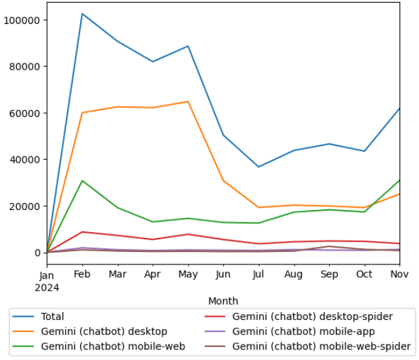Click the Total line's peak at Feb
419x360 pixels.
82,14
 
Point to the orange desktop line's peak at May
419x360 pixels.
188,101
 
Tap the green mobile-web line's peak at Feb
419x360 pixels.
82,180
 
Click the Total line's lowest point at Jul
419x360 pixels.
259,167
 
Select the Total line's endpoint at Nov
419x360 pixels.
399,109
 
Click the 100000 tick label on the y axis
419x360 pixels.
23,20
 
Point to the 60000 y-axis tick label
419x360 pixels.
25,113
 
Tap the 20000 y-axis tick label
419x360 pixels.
25,206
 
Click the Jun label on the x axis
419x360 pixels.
223,275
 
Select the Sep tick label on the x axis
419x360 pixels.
329,275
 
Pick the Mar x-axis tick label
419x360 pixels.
117,275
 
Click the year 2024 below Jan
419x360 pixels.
47,287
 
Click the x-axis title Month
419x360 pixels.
223,301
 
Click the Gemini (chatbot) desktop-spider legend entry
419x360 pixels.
312,317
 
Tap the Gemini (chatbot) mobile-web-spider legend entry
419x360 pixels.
321,346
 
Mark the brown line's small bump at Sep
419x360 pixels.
329,246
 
